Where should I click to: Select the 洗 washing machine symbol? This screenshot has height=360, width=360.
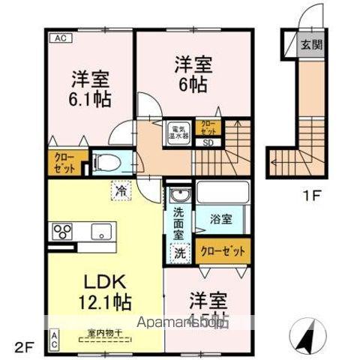coord(180,253)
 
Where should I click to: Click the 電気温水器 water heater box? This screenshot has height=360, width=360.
coord(178,131)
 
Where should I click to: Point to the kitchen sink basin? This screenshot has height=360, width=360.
coord(99,232)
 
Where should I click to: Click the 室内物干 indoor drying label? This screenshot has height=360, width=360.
coord(101,332)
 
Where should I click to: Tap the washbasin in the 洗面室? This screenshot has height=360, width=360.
coord(178,198)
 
